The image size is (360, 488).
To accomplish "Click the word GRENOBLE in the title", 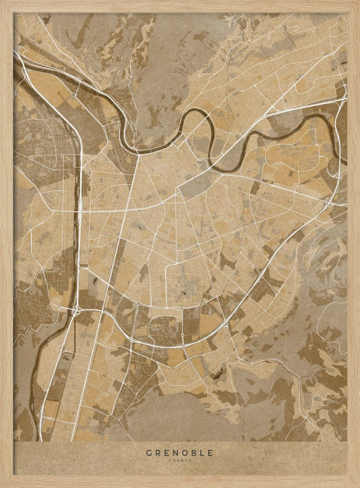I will point(180,453).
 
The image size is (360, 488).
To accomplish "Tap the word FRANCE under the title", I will point(180,460).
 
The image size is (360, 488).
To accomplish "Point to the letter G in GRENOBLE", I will point(149,453).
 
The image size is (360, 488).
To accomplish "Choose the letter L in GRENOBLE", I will point(203,453).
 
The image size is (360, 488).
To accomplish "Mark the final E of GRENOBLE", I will point(211,453).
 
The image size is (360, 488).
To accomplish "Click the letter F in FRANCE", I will point(171,460).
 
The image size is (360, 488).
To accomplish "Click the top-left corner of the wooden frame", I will point(1,1).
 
